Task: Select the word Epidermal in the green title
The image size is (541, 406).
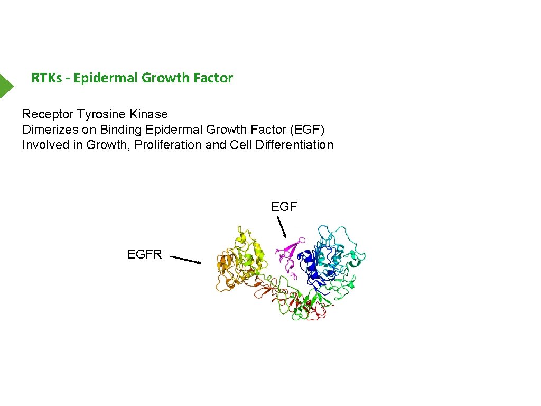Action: point(106,78)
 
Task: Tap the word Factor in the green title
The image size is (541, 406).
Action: point(213,78)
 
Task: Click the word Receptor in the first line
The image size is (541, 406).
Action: point(48,114)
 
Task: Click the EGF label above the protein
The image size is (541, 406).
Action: point(284,207)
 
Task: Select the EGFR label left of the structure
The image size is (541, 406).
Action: point(145,254)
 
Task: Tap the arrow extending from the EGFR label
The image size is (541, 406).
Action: point(186,260)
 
